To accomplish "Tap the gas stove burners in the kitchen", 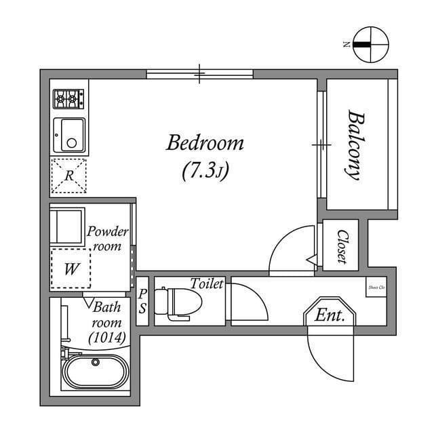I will [68, 99].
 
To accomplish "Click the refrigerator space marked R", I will [69, 176].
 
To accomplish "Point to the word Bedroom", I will [205, 143].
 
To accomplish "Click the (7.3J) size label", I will [205, 171].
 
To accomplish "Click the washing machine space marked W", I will [70, 269].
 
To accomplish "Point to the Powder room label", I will [107, 239].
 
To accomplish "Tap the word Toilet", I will [207, 284].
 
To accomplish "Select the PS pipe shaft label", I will [143, 300].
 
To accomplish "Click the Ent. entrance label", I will [330, 315].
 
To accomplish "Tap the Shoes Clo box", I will [376, 286].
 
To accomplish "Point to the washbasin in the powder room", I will [68, 228].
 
